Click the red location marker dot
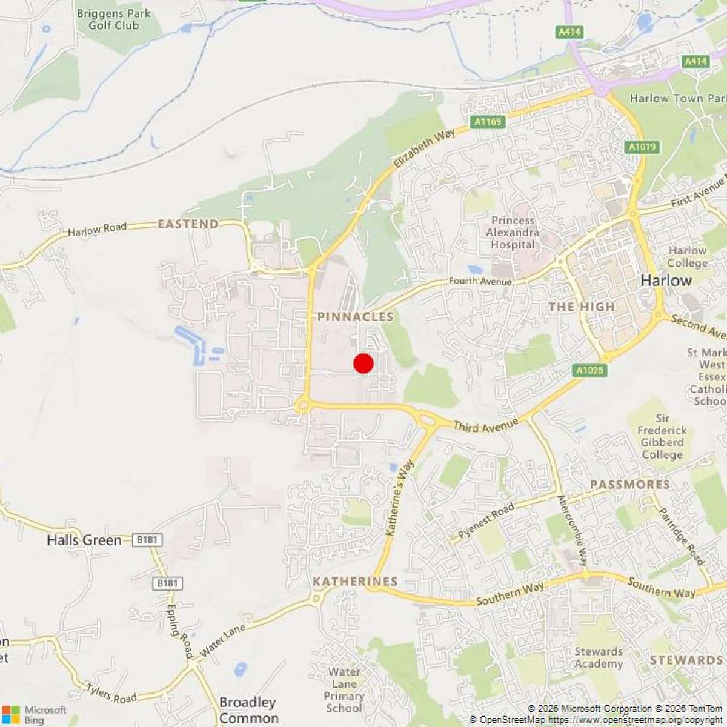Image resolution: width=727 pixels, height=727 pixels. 363,363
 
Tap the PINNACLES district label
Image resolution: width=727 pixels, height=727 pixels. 355,317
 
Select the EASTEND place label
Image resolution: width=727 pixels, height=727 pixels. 188,224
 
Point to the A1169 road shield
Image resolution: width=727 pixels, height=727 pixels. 488,122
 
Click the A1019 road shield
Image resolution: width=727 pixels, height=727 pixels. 642,147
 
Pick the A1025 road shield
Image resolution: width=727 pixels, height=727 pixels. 589,370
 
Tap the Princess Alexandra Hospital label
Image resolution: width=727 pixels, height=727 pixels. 513,233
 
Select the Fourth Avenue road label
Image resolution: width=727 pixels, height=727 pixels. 480,281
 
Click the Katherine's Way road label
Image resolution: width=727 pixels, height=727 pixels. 400,498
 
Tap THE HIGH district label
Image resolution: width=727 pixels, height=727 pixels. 582,307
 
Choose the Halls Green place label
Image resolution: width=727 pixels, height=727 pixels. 84,540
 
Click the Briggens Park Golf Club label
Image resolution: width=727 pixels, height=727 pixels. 113,19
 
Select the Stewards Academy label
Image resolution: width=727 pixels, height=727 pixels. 598,658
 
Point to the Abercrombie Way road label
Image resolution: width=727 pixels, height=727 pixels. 573,530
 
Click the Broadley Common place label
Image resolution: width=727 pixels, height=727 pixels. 248,710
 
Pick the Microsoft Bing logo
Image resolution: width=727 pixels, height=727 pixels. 34,714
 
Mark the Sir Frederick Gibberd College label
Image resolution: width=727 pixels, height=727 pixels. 662,436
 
